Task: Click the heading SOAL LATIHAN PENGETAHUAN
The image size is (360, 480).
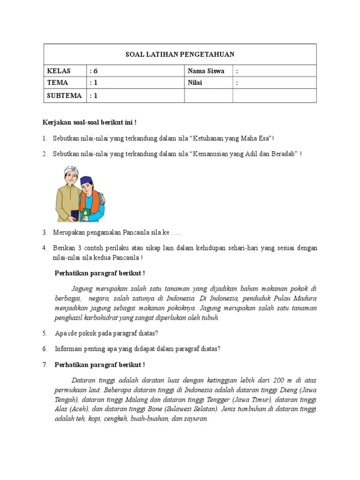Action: pos(180,54)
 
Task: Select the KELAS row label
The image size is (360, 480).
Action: pos(59,71)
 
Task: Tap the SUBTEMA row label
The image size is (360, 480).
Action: pos(64,96)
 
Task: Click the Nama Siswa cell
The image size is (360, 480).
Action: pos(206,71)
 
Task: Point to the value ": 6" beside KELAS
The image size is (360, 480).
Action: pos(94,71)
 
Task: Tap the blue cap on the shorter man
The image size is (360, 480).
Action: pos(87,181)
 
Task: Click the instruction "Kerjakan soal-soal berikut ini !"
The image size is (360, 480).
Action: pos(90,122)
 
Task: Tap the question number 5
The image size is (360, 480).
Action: pos(45,333)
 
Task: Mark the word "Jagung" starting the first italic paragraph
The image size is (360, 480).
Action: pos(82,288)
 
